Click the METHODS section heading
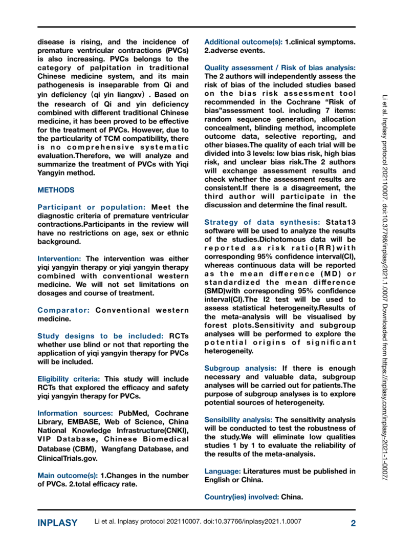(x=56, y=190)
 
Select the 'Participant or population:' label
(x=91, y=207)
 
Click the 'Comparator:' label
(x=64, y=310)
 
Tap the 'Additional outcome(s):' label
(x=243, y=41)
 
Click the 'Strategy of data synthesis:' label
(x=263, y=222)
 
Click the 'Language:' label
(x=223, y=471)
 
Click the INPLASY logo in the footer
(x=57, y=523)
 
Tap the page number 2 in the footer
(x=353, y=523)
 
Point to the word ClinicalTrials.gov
(x=68, y=458)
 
